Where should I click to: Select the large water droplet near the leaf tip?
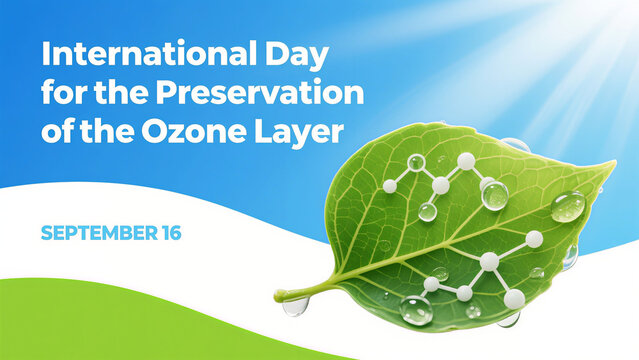[x=567, y=206]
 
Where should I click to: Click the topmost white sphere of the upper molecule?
[x=466, y=160]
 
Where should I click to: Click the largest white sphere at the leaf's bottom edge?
[x=514, y=298]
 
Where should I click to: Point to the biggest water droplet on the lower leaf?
[x=416, y=311]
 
